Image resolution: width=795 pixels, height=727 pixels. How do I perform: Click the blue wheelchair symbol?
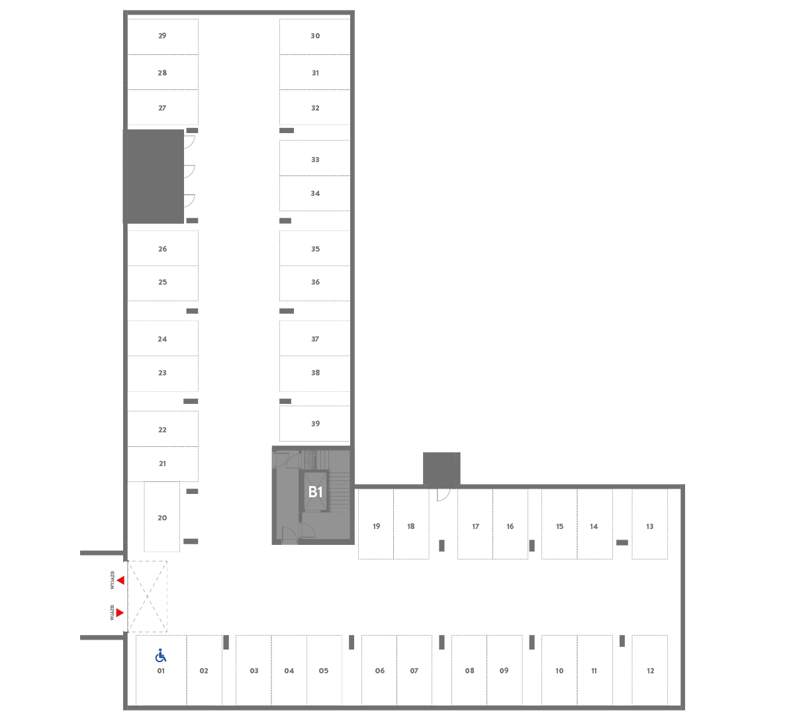tap(161, 655)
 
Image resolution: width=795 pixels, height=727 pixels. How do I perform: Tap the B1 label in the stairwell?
tap(315, 492)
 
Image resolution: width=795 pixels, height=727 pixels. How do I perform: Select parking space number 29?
tap(162, 36)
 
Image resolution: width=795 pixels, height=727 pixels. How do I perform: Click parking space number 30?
tap(315, 36)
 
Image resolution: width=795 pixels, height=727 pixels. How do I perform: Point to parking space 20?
tap(162, 517)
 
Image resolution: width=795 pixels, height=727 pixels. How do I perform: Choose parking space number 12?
tap(650, 670)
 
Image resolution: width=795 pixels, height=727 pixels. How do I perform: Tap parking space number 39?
tap(315, 424)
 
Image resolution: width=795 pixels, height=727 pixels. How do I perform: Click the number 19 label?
tap(376, 526)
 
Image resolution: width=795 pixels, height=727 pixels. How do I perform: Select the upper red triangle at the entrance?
tap(120, 581)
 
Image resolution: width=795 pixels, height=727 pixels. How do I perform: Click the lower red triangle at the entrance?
tap(120, 612)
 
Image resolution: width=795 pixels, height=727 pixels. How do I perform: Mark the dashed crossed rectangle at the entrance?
tap(147, 597)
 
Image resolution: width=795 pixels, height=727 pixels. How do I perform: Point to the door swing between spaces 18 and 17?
tap(443, 495)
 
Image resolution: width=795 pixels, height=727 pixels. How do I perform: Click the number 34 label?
tap(315, 193)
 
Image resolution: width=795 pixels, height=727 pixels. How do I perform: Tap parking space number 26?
tap(162, 248)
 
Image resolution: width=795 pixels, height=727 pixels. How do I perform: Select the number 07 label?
tap(414, 671)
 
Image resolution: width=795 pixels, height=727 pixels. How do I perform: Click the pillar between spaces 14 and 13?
tap(622, 543)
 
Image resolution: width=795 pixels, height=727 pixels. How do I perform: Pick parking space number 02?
tap(204, 670)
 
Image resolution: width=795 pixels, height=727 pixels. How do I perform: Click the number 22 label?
tap(162, 430)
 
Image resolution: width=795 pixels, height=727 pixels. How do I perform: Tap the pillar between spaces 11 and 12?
tap(622, 641)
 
